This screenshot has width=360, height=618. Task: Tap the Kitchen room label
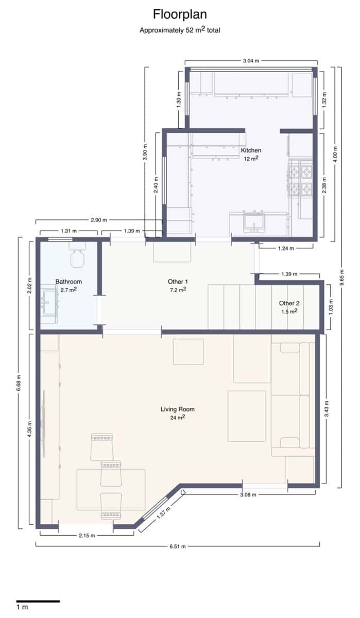[251, 150]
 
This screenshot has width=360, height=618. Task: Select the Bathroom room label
[68, 282]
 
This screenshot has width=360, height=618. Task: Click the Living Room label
[177, 409]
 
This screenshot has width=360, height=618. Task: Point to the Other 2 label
[289, 303]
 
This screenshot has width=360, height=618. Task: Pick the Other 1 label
[178, 282]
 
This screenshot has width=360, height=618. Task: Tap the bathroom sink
[49, 304]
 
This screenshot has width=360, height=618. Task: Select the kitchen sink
[254, 222]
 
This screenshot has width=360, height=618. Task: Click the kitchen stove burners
[301, 179]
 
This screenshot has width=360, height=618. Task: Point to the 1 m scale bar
[38, 601]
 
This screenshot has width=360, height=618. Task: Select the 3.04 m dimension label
[251, 60]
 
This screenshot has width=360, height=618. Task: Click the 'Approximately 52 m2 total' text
[180, 30]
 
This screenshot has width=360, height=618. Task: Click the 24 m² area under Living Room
[177, 418]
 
